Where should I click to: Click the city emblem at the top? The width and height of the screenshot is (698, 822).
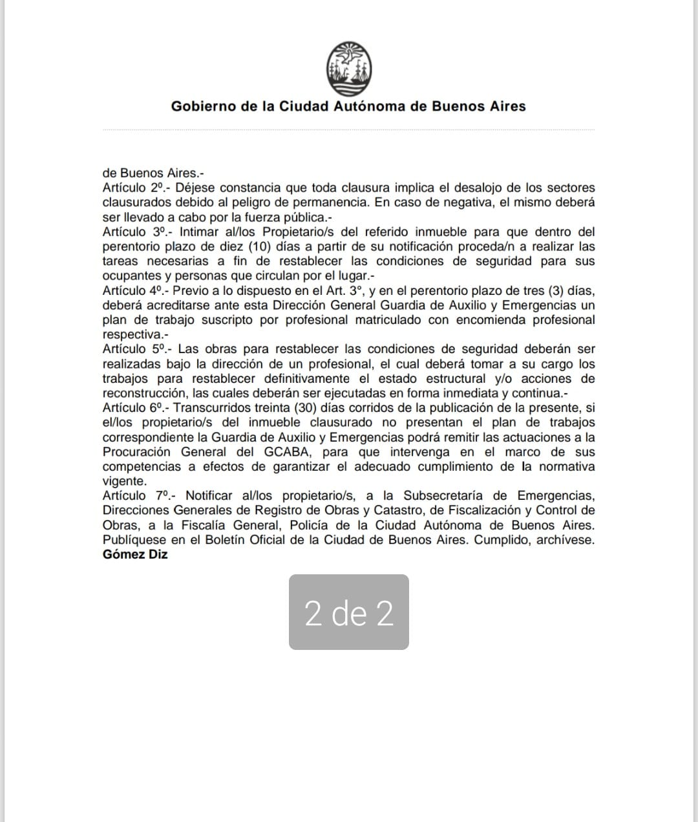pos(349,67)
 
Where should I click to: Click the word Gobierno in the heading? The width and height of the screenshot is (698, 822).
pos(202,106)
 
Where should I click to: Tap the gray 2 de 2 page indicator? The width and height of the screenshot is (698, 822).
pos(349,612)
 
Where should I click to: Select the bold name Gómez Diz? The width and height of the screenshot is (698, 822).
pos(135,554)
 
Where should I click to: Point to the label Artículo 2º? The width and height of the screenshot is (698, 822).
pos(132,188)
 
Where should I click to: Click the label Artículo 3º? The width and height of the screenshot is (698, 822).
pos(132,232)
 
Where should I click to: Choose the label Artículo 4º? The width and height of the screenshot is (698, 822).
pos(132,291)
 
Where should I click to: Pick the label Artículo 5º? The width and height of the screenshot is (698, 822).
pos(132,349)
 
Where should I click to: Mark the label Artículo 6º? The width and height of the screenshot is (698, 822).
pos(132,408)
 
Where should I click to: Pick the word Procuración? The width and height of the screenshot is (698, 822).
pos(136,452)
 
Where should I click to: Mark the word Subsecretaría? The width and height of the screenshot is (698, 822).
pos(444,496)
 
